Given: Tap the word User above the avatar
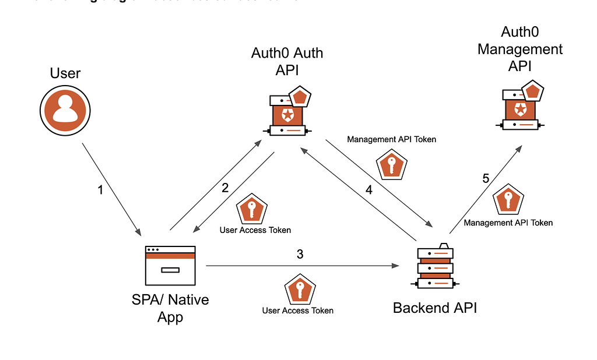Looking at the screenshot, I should pyautogui.click(x=65, y=73).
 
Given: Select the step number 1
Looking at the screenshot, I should pyautogui.click(x=100, y=190).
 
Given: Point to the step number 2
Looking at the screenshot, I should pyautogui.click(x=225, y=188).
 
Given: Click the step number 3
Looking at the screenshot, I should pyautogui.click(x=300, y=254).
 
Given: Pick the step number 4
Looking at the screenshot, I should pyautogui.click(x=368, y=190).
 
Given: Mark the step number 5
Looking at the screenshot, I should pyautogui.click(x=486, y=179).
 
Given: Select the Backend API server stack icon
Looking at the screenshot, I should pyautogui.click(x=435, y=266).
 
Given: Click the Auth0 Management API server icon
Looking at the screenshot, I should pyautogui.click(x=520, y=108).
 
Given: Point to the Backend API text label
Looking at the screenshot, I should pyautogui.click(x=435, y=308).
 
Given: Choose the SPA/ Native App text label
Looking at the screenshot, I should pyautogui.click(x=170, y=309).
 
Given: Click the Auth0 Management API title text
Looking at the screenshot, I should pyautogui.click(x=520, y=49).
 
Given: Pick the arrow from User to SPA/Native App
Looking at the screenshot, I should pyautogui.click(x=111, y=189).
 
